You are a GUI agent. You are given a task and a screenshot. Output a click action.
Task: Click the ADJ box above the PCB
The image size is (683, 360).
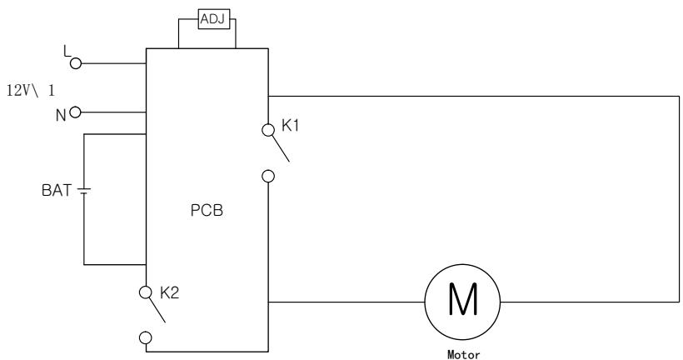[214, 19]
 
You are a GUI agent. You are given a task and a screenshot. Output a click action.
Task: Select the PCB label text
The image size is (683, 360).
[207, 211]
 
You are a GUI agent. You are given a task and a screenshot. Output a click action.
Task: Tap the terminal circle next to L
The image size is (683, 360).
[76, 63]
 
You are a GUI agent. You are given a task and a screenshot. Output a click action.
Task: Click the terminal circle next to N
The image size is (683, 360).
[75, 112]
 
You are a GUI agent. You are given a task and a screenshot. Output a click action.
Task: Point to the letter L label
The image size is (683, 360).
[67, 52]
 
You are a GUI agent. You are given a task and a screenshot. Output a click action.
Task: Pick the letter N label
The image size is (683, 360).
[61, 116]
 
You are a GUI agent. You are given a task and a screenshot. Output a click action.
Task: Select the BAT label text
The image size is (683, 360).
[57, 191]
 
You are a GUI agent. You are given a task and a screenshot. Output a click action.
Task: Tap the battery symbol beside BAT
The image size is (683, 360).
[84, 191]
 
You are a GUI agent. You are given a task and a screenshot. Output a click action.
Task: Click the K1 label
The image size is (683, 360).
[291, 126]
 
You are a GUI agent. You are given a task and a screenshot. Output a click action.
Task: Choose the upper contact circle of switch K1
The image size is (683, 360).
[268, 130]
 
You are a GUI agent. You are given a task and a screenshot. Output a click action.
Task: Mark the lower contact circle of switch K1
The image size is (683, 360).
[268, 177]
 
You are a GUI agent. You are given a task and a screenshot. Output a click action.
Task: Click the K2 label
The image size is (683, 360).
[169, 292]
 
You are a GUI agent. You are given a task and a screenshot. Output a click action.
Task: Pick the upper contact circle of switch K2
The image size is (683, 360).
[146, 292]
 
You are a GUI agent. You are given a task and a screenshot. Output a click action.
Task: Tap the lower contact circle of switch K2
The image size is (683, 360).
[146, 337]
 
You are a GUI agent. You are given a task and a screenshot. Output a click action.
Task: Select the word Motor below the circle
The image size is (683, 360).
[463, 355]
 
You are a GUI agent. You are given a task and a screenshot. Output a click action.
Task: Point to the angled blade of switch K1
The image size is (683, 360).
[281, 148]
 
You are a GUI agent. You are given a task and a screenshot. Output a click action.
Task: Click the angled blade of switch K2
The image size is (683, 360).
[157, 310]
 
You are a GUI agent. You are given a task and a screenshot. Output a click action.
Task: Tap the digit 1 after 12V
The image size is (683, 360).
[52, 91]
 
